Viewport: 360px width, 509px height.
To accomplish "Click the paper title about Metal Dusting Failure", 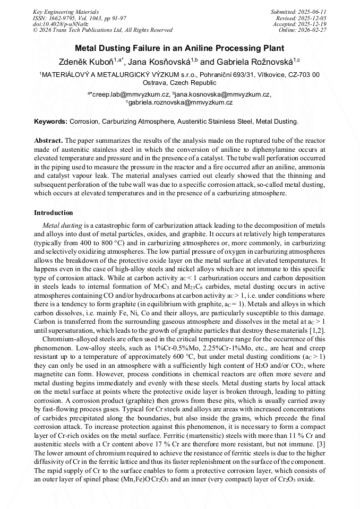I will (x=179, y=48).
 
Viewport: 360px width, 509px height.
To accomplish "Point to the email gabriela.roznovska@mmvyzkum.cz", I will (x=179, y=102).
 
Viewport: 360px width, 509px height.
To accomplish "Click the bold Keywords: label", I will (x=51, y=122).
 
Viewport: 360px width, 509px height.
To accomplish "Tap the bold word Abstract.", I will (x=48, y=141).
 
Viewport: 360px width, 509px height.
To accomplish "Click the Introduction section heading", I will (x=54, y=213).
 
